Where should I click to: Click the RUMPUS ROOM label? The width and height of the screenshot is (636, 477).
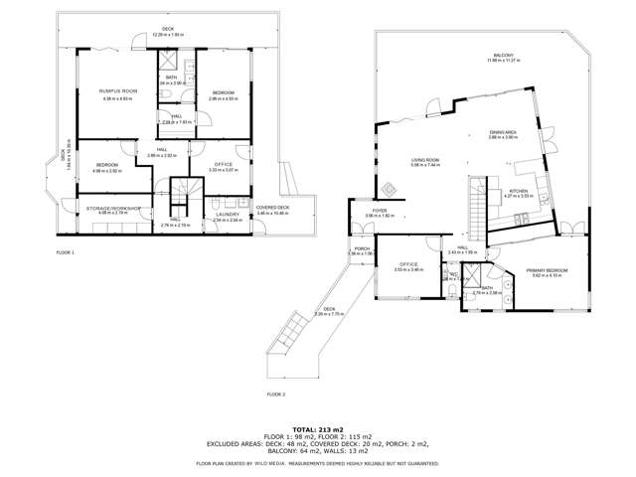pos(116,92)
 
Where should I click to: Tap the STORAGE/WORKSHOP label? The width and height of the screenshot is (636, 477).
pos(112,208)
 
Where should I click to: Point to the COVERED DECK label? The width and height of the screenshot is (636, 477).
pos(265,208)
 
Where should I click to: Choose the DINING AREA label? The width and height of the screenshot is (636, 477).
pos(503,131)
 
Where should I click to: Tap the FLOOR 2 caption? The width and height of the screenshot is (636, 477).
pos(275,395)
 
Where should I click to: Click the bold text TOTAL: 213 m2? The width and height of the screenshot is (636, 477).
pos(317,426)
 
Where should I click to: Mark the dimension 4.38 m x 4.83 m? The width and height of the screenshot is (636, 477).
pos(116,98)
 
